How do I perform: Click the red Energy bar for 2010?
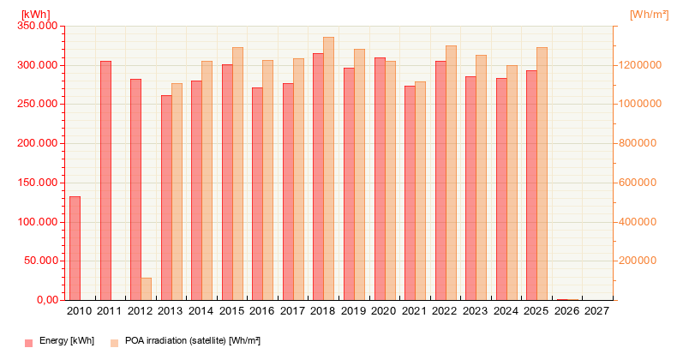[x=75, y=248]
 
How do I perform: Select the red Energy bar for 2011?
[x=105, y=180]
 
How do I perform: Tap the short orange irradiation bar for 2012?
[x=146, y=289]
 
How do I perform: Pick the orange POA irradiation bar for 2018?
[x=329, y=168]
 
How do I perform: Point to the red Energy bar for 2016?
[x=258, y=194]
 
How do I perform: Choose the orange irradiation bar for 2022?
[x=451, y=172]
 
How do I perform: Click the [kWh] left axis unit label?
[x=35, y=15]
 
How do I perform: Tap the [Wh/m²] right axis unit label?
[x=648, y=15]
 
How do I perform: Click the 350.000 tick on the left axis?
[x=37, y=26]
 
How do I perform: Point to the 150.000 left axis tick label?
[x=37, y=183]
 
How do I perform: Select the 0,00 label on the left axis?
[x=44, y=300]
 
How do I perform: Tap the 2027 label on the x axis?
[x=596, y=311]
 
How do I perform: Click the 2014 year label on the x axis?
[x=201, y=311]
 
